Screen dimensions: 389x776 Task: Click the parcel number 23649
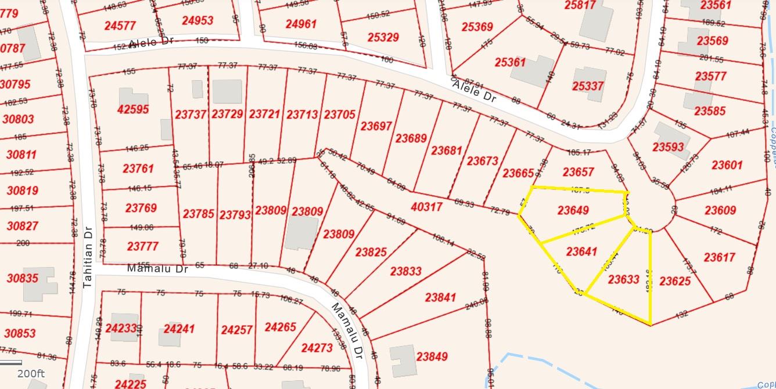tap(573, 210)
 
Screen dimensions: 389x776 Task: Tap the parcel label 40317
tap(426, 207)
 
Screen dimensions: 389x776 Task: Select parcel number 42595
tap(133, 109)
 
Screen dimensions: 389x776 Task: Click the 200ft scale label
tap(31, 373)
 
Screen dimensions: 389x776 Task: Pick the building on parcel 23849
tap(402, 360)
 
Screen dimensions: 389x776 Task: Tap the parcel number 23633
tap(623, 279)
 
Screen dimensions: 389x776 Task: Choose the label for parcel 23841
tap(440, 297)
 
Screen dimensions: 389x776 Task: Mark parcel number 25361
tap(510, 62)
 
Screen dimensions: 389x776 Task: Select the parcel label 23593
tap(668, 147)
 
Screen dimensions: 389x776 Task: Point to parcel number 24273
tap(317, 348)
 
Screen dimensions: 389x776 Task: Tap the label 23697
tap(376, 125)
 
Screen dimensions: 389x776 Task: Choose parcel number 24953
tap(197, 20)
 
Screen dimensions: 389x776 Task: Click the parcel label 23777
tap(142, 246)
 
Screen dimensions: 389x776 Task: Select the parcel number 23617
tap(719, 257)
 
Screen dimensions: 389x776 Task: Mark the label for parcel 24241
tap(179, 329)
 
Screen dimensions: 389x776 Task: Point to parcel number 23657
tap(578, 172)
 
